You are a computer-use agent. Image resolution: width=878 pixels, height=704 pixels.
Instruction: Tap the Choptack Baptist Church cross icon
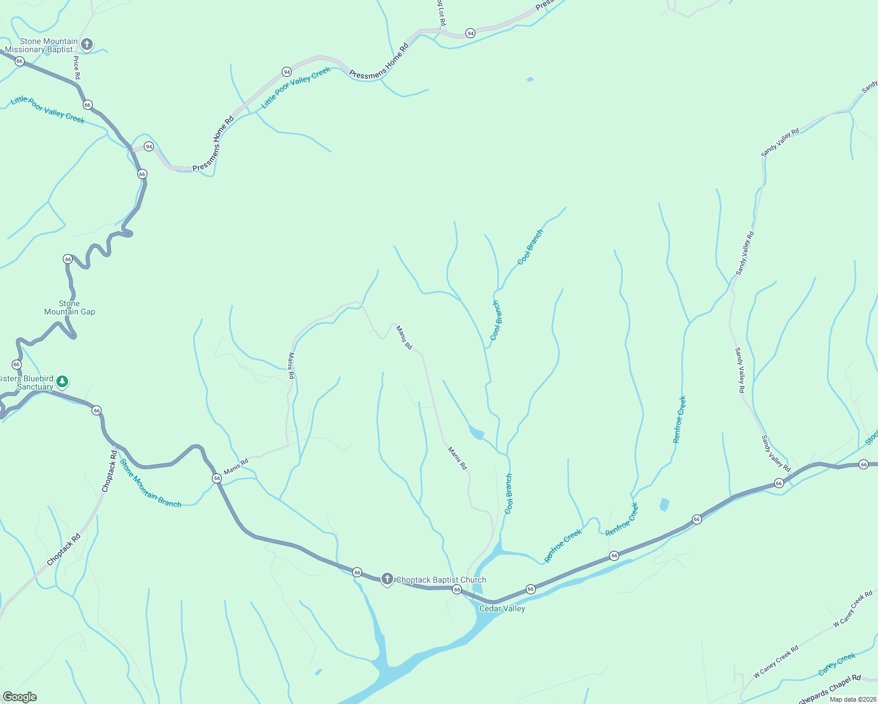point(387,579)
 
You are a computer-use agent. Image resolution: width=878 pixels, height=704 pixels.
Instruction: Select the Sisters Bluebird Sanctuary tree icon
point(62,382)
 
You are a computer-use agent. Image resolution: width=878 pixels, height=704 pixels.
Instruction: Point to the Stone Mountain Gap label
point(69,308)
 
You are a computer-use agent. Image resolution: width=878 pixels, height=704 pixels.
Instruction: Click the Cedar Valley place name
point(502,609)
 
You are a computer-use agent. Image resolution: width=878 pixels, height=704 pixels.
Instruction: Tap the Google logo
point(19,697)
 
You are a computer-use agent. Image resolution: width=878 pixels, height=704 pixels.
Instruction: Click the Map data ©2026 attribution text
point(850,699)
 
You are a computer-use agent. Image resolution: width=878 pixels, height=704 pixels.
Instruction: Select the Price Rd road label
point(76,68)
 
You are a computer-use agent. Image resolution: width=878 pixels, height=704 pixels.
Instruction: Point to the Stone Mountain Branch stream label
point(150,483)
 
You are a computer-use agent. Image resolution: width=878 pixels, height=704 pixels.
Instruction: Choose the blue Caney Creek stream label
point(837,664)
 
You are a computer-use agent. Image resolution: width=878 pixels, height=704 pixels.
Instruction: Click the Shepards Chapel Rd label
point(829,691)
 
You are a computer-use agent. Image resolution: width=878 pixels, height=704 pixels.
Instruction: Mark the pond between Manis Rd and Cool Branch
point(477,434)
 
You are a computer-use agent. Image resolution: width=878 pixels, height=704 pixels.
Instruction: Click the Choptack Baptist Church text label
point(441,580)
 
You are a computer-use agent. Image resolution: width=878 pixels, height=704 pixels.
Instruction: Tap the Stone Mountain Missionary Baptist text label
point(41,46)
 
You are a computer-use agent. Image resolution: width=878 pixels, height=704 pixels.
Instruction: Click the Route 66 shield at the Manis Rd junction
point(217,479)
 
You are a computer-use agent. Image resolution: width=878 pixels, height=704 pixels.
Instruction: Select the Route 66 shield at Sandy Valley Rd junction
point(779,483)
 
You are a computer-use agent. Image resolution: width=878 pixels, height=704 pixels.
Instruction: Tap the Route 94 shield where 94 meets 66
point(149,147)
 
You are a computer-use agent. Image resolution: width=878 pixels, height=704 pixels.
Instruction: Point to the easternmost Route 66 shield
point(863,465)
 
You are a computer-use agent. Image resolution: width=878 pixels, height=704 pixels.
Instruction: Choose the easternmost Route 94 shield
point(470,33)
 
